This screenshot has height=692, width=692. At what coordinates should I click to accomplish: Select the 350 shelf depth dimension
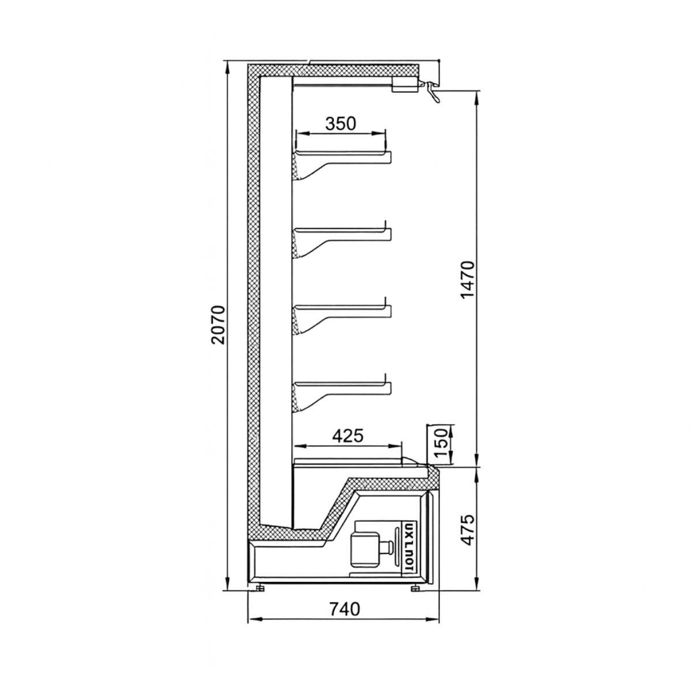[340, 123]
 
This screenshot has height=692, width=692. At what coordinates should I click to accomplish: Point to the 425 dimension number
[348, 435]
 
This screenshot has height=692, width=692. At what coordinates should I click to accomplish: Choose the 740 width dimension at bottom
[344, 609]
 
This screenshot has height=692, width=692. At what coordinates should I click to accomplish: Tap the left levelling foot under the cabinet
[261, 588]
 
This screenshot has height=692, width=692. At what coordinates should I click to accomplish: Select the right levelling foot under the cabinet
[415, 588]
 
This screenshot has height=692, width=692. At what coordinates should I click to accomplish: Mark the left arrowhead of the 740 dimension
[252, 620]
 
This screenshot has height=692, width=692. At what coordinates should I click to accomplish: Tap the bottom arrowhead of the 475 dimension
[477, 586]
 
